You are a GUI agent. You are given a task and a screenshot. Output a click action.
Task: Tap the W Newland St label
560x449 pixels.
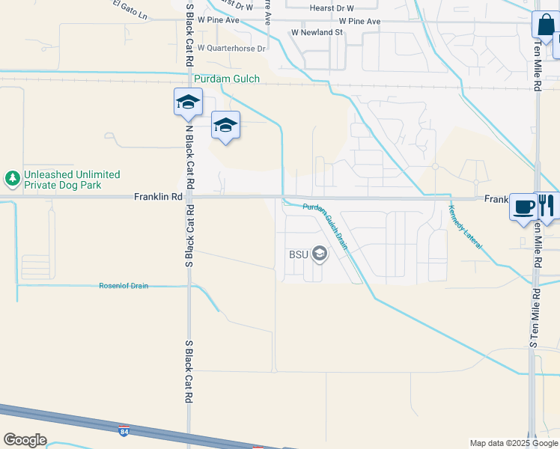coord(317,33)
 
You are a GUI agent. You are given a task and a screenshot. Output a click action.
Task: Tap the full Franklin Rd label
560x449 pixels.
coord(158,198)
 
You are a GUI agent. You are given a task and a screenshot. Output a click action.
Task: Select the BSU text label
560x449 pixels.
coord(299,254)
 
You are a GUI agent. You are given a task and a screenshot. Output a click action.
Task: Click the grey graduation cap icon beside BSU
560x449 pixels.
coord(320,254)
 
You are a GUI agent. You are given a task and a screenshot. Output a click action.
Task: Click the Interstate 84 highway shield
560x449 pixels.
coord(124,432)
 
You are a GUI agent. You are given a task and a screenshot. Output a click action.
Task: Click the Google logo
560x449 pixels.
coord(25,440)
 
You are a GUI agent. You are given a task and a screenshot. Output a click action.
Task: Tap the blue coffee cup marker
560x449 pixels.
coord(523,205)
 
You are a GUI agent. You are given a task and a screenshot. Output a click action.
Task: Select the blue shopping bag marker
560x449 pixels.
coord(544,25)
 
